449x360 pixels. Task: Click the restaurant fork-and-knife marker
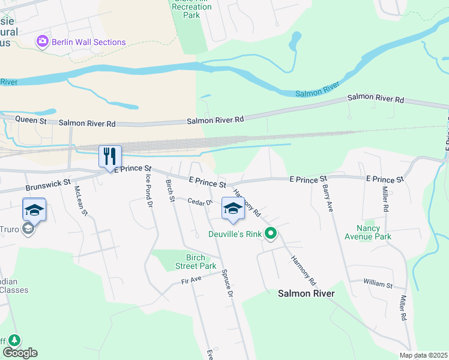tap(110, 157)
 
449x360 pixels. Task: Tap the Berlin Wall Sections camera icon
tap(43, 41)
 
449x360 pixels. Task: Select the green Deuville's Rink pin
tap(271, 234)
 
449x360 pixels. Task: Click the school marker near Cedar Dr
tap(233, 208)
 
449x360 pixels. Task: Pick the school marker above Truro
tap(34, 209)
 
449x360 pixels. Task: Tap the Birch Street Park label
tap(196, 262)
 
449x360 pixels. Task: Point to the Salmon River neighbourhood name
tap(306, 293)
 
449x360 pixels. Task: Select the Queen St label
tap(31, 121)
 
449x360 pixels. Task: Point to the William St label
tap(378, 282)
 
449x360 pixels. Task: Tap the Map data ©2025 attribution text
tap(423, 355)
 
